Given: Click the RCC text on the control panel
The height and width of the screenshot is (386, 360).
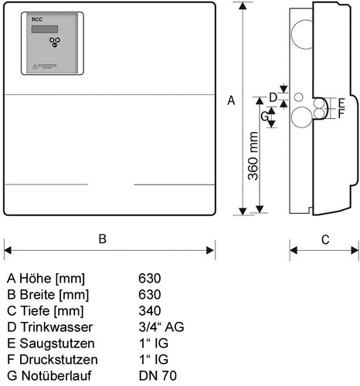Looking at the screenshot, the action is point(37,19).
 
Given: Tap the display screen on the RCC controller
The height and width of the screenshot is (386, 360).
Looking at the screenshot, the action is point(45,29).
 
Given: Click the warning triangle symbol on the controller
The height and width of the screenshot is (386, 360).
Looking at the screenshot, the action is point(35,67).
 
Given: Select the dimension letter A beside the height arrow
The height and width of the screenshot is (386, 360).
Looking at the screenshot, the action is point(231,100).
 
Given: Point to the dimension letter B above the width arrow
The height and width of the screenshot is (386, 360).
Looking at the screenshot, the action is point(103,239).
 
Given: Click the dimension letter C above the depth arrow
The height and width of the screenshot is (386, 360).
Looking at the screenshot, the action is point(325,240).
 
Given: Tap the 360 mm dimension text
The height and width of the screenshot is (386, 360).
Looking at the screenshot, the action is point(253,156).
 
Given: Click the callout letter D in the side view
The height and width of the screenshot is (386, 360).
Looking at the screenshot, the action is point(273,97).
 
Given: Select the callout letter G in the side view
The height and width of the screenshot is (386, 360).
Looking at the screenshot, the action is point(264,117).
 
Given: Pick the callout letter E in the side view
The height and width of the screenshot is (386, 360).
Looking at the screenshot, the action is point(341,103).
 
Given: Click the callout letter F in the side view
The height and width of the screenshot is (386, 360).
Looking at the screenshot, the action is point(341,113).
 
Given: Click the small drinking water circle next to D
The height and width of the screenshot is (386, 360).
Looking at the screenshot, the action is point(299,97).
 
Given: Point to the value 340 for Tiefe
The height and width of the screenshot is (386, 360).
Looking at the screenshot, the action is point(150,310).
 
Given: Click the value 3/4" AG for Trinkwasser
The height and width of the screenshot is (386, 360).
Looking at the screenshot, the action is point(161,327).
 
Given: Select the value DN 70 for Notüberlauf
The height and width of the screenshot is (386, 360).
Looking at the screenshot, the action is point(158,376).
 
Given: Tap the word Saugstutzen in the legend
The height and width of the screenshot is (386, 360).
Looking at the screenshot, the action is point(57,344).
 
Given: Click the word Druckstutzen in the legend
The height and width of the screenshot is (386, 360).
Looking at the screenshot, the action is point(59,360).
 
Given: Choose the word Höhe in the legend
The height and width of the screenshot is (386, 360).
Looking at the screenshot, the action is point(36,278).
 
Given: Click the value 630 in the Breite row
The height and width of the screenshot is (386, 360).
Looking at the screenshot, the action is point(150,294).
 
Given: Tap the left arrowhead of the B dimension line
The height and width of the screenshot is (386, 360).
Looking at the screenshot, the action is point(8,250).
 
